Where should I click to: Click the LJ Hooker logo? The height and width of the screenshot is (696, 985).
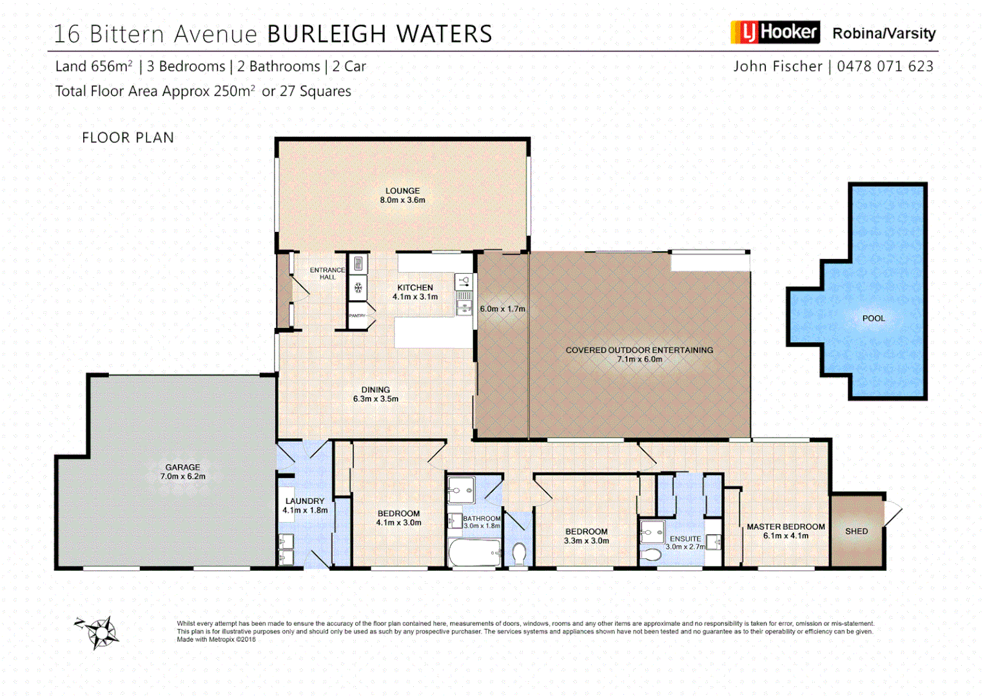click(775, 32)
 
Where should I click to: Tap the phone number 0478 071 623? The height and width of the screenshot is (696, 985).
click(885, 66)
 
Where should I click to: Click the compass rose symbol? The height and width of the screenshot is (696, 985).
click(100, 632)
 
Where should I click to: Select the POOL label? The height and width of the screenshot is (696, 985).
click(873, 318)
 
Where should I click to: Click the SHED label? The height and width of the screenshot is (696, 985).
click(856, 532)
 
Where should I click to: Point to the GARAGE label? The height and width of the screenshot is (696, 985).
click(182, 467)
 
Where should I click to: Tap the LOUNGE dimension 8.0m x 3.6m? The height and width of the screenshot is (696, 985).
click(402, 200)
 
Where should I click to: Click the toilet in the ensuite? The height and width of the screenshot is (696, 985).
click(651, 554)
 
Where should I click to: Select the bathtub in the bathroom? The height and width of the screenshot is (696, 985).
click(474, 552)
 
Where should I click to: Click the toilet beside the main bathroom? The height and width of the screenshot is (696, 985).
click(519, 553)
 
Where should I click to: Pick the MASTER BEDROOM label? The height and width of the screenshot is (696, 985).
click(785, 527)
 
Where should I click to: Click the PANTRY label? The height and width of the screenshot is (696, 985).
click(357, 316)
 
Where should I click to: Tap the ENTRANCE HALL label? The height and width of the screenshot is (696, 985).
click(327, 273)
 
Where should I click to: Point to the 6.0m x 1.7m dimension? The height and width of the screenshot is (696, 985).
click(502, 309)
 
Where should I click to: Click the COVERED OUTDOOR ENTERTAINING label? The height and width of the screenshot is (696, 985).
click(639, 350)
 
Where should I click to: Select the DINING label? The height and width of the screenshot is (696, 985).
click(375, 390)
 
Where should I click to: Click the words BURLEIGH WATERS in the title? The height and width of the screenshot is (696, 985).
click(380, 34)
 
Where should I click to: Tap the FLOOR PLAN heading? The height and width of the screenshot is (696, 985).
click(128, 138)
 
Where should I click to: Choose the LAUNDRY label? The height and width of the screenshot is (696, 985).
click(305, 501)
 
